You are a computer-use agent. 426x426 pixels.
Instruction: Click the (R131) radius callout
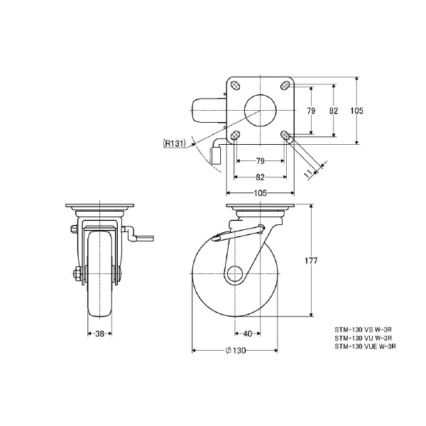(x=174, y=143)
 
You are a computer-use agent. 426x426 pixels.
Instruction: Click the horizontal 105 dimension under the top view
(x=259, y=192)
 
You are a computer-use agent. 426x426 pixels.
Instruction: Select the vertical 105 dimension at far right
(x=357, y=110)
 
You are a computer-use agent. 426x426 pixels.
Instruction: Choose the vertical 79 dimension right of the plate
(x=310, y=110)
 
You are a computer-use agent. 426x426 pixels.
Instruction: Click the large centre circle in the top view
(x=260, y=109)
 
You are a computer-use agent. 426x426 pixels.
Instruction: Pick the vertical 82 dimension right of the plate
(x=334, y=110)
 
